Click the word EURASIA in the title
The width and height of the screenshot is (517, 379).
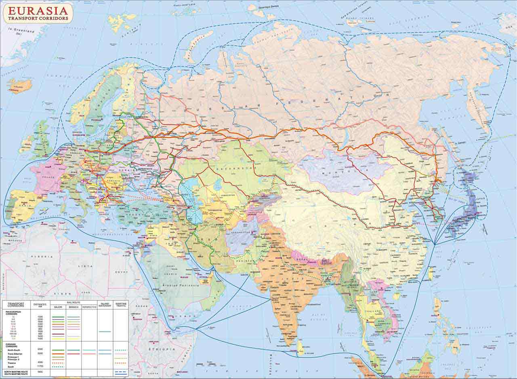[x=38, y=10]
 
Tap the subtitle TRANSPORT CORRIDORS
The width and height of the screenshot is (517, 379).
[x=38, y=18]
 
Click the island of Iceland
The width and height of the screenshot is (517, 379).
[x=19, y=85]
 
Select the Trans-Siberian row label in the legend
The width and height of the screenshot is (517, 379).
[x=15, y=354]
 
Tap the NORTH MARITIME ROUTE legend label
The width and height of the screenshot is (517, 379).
[x=18, y=371]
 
